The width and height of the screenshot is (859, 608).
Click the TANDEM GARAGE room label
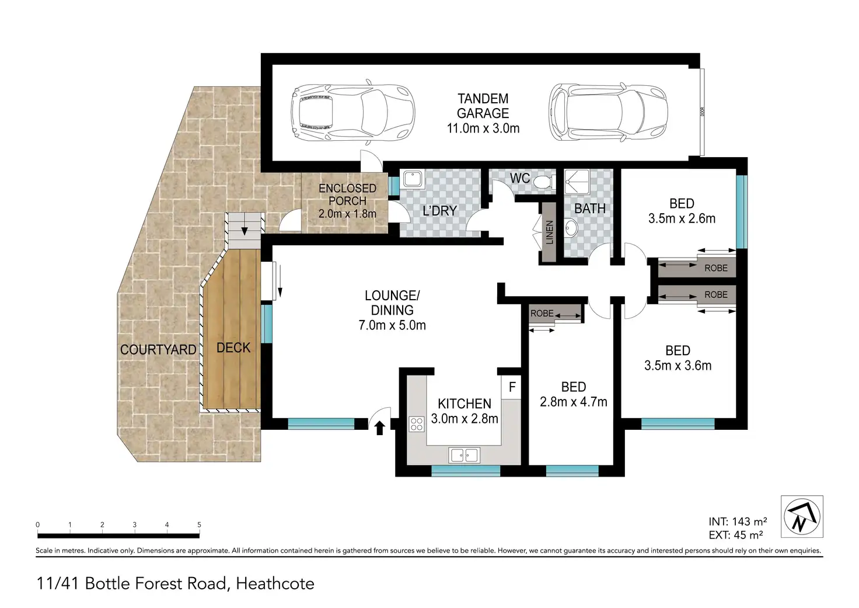[x=483, y=106]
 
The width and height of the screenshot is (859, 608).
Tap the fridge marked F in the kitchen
[x=512, y=387]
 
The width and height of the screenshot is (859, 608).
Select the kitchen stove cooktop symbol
[x=417, y=424]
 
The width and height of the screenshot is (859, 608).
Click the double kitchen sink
[x=464, y=456]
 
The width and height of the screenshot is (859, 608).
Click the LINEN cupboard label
[x=549, y=232]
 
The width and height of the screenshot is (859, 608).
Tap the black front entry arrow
[x=380, y=428]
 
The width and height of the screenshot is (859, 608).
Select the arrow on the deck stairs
[x=245, y=231]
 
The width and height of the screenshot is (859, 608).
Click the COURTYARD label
[x=158, y=350]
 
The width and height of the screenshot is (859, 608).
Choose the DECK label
[x=233, y=348]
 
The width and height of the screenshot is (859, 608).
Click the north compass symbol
[x=802, y=516]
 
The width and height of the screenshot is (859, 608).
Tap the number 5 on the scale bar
[x=199, y=524]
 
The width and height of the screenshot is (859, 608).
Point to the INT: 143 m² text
[x=738, y=521]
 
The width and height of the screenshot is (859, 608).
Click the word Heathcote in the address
[x=275, y=583]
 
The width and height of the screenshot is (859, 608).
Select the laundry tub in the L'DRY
[x=413, y=179]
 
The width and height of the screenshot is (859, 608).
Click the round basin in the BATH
[x=571, y=228]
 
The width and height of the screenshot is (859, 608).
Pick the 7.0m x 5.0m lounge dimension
[x=392, y=325]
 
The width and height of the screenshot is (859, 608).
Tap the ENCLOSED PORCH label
[x=347, y=194]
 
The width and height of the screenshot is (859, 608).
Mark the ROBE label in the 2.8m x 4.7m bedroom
[x=542, y=313]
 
